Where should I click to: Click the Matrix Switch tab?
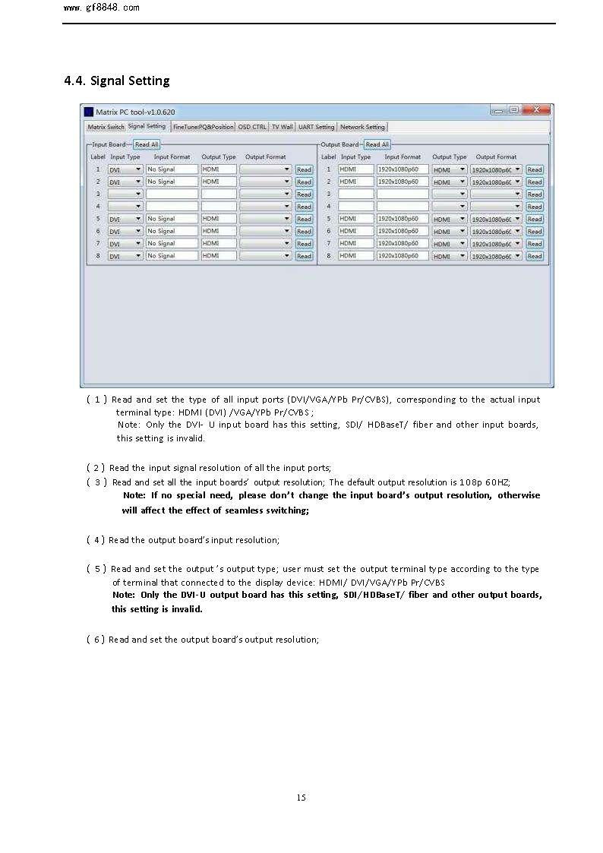[106, 127]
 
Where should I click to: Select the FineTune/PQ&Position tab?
[203, 127]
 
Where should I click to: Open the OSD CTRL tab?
[252, 127]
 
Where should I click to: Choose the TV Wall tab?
[282, 127]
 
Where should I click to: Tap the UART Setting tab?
[316, 127]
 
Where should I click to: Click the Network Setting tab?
[362, 127]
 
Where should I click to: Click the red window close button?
[540, 110]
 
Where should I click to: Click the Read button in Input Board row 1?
[304, 169]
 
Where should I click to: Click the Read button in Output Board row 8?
[535, 256]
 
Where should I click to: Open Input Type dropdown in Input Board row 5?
[125, 219]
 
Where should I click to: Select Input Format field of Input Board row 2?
[172, 182]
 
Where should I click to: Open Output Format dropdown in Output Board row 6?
[496, 231]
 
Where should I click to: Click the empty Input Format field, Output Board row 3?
[403, 194]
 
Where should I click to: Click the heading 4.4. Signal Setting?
[117, 81]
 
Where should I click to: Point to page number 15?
[301, 797]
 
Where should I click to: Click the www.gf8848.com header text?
[101, 8]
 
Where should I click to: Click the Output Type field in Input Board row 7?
[219, 243]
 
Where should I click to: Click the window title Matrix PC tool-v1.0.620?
[135, 112]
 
